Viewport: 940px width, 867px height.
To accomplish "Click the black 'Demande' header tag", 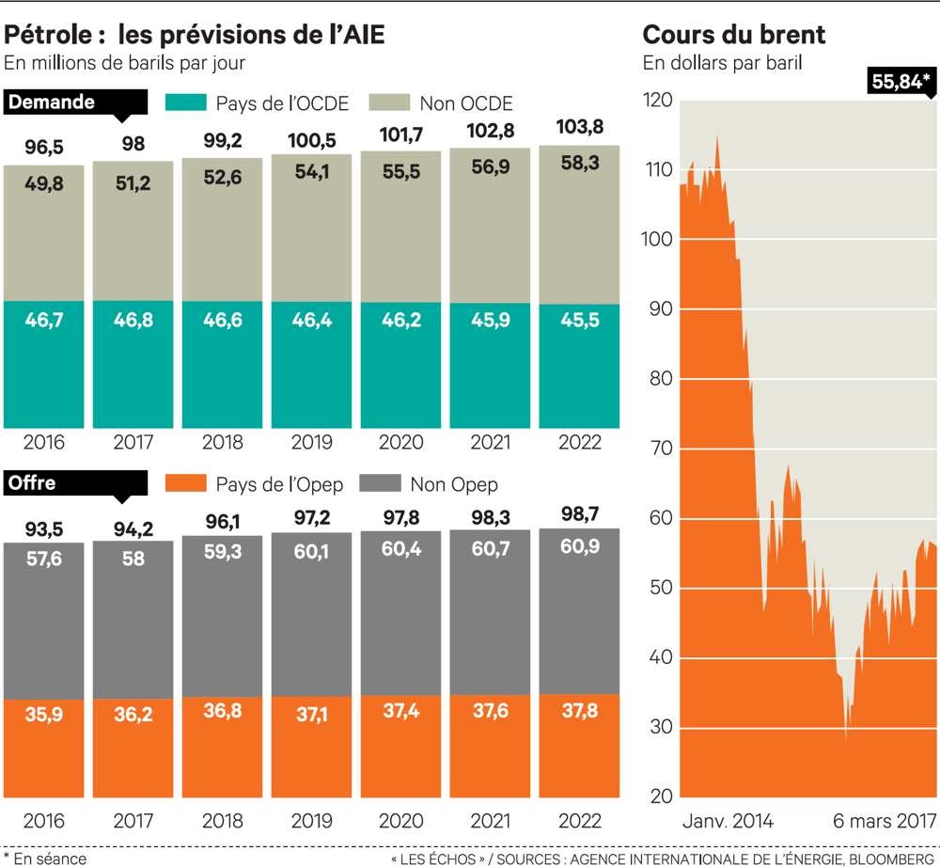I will point(52,102).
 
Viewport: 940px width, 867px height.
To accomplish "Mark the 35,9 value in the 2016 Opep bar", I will point(44,714).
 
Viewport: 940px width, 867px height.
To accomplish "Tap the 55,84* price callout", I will point(901,82).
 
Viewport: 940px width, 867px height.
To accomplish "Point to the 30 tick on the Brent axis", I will point(661,727).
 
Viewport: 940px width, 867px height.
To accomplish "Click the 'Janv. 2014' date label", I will point(728,821).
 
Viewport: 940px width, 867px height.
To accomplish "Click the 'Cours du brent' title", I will point(734,35).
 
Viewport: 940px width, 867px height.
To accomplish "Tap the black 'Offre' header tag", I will point(33,483).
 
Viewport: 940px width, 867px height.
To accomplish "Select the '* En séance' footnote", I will point(44,858).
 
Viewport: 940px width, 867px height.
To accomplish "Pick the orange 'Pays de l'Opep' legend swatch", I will point(185,484).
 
